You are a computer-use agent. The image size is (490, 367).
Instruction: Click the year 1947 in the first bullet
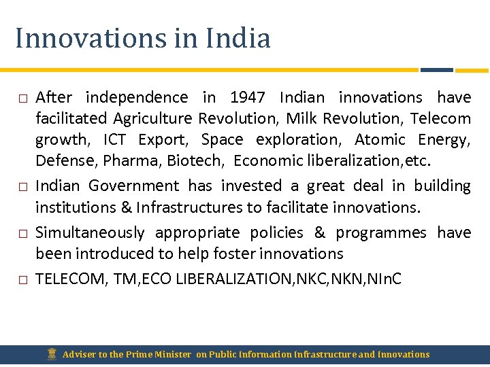tap(248, 98)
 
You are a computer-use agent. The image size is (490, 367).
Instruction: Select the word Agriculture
tap(152, 119)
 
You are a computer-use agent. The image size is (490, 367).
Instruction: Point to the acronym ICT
tap(115, 140)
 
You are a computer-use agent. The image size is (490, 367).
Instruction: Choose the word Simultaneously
tap(90, 233)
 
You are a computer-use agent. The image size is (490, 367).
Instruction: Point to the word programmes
tap(381, 233)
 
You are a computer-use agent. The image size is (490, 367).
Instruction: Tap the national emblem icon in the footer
tap(52, 353)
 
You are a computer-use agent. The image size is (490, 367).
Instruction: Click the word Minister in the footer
tap(173, 354)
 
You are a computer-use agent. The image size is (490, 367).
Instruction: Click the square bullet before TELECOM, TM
tap(22, 279)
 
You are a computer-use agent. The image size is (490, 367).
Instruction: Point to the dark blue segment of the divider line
tap(436, 69)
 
